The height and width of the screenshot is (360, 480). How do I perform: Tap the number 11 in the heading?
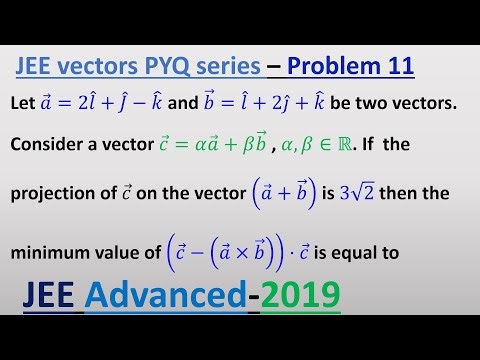click(396, 68)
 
